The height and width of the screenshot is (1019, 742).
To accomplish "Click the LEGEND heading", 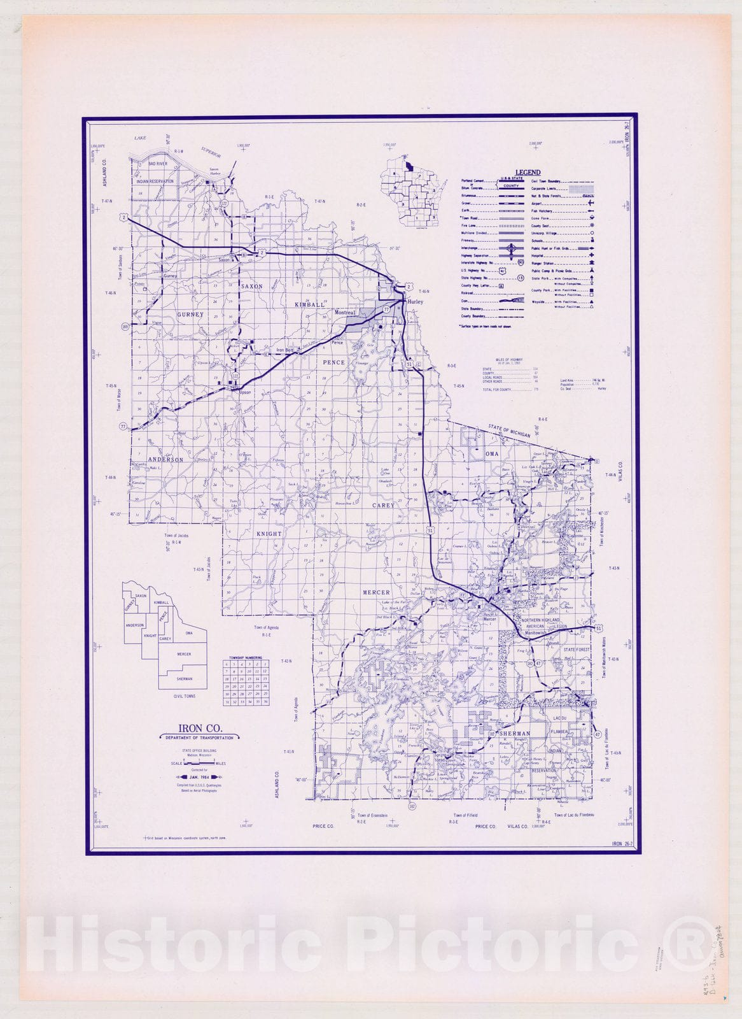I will (528, 172).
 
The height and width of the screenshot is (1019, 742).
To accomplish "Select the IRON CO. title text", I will (200, 728).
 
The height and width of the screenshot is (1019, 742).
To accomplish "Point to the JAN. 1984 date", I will (200, 778).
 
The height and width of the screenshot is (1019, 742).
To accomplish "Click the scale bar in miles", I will (200, 763).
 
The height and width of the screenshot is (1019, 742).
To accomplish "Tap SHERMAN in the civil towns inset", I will (184, 679).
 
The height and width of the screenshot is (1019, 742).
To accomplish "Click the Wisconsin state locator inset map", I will (409, 189).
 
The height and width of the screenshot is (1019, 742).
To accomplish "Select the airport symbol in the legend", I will (591, 203).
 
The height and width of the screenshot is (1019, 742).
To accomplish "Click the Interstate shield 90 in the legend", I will (521, 262).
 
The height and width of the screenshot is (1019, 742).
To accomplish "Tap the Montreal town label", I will (345, 313).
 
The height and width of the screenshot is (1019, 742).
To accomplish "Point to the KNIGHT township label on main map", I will (269, 534).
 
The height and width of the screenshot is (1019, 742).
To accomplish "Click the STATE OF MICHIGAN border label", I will (509, 431).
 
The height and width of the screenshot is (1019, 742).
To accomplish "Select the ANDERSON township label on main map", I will (166, 459).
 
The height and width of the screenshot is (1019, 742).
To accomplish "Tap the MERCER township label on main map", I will (376, 592).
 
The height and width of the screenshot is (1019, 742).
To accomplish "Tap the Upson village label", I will (245, 392).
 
